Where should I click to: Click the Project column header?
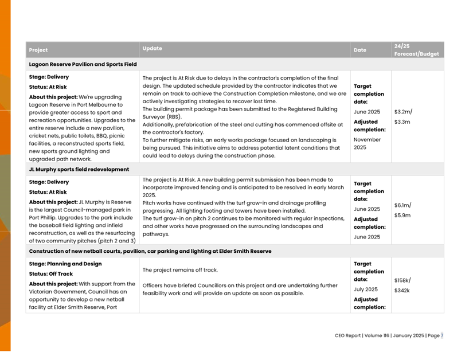[38, 50]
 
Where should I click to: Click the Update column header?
[152, 49]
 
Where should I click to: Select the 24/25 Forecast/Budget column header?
[416, 50]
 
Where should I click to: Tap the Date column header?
[359, 50]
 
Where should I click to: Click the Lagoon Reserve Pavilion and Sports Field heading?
[83, 65]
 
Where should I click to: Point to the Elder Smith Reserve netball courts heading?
[150, 251]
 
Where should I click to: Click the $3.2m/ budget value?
[403, 112]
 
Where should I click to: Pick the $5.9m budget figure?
[402, 216]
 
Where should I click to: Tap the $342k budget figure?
[402, 291]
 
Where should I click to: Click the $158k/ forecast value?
[402, 280]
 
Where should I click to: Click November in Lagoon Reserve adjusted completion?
[367, 139]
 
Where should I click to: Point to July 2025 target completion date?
[366, 289]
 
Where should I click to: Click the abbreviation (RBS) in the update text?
[170, 117]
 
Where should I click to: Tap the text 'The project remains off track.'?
[180, 270]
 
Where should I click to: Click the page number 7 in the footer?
[441, 336]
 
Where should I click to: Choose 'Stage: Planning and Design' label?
[65, 264]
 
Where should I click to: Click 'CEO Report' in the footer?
[348, 336]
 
